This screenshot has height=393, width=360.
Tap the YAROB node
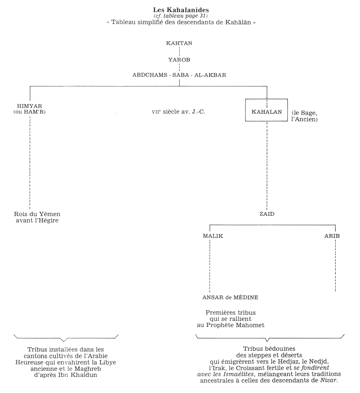179,59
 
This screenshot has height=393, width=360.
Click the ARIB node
332,236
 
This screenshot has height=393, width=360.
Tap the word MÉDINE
246,297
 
